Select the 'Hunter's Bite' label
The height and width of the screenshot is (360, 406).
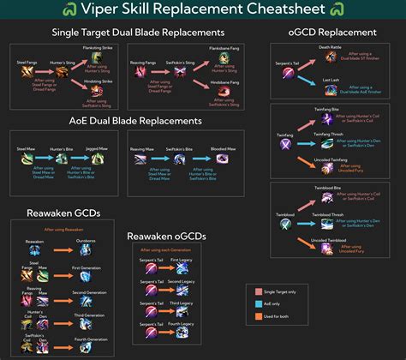[x=57, y=150]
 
